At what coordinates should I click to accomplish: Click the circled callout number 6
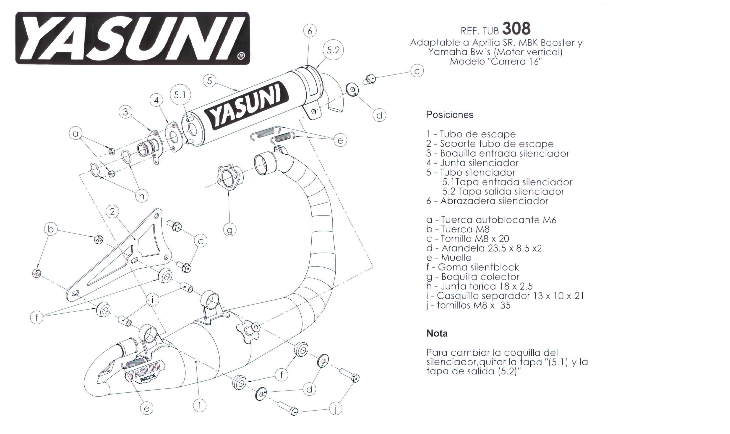[310, 31]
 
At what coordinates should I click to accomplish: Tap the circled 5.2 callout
[333, 50]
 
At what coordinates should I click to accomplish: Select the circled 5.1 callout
[180, 95]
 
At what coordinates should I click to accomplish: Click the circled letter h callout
[142, 196]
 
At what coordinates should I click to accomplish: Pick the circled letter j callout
[336, 408]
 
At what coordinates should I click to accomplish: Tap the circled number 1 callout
[200, 405]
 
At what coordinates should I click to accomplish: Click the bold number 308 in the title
[516, 29]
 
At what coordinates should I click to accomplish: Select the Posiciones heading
[449, 115]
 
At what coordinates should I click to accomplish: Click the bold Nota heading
[437, 333]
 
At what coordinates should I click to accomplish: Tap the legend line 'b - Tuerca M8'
[458, 229]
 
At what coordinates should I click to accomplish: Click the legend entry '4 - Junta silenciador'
[472, 163]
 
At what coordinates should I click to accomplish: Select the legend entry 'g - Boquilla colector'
[473, 277]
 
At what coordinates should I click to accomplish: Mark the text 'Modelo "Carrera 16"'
[496, 62]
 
